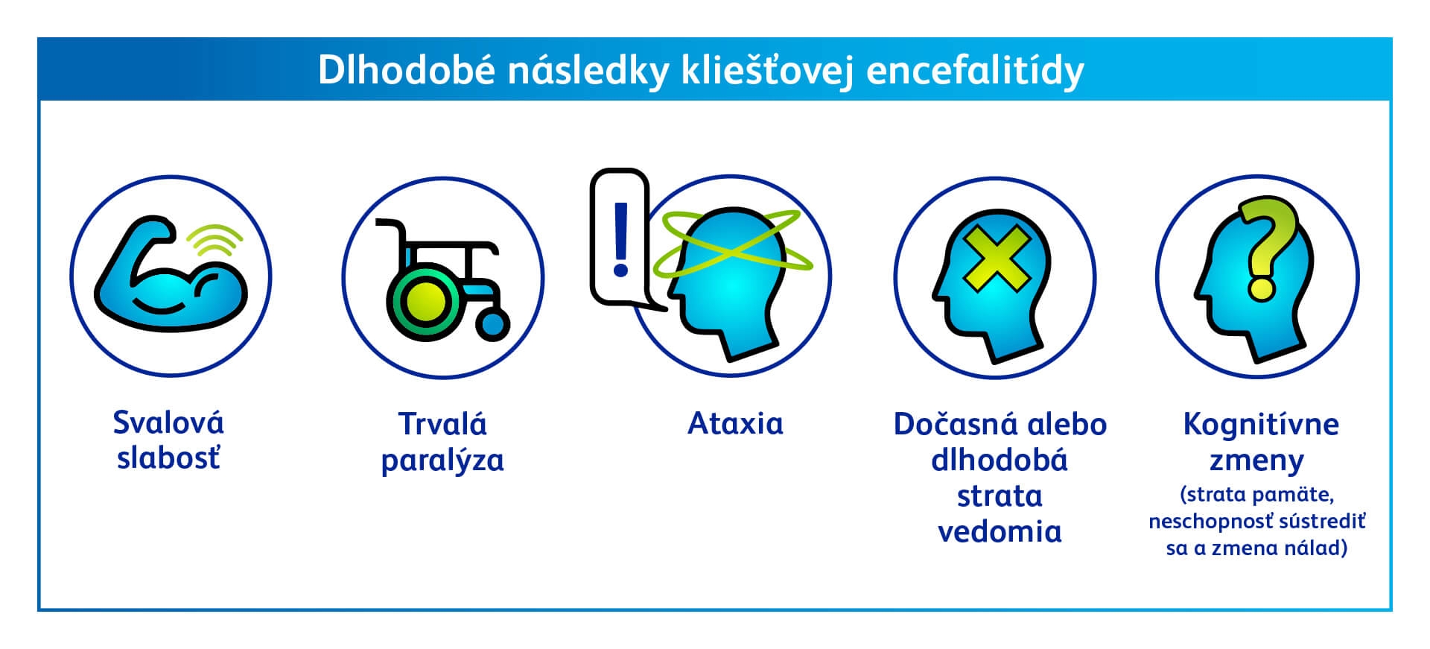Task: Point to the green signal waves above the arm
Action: [x=214, y=238]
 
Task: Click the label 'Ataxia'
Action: [x=735, y=423]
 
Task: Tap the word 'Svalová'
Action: [x=168, y=422]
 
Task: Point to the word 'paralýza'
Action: [x=442, y=460]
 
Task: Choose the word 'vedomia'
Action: [x=1000, y=531]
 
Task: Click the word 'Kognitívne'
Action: [x=1261, y=425]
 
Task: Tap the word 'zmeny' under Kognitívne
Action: [x=1256, y=461]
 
